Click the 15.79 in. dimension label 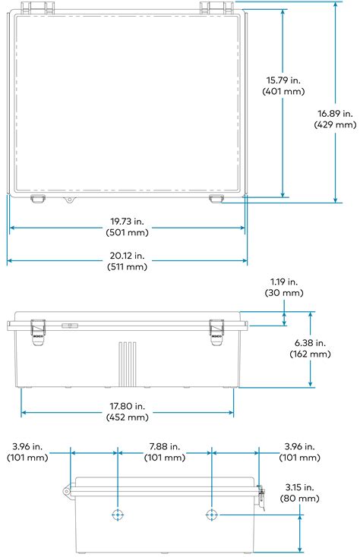pos(283,79)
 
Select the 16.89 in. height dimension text pos(334,112)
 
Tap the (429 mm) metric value pos(334,124)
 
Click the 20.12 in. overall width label pos(128,254)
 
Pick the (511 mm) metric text pos(128,266)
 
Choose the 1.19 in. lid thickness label pos(284,281)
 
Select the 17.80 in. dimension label pos(128,404)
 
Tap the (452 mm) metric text pos(128,417)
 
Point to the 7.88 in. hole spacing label pos(165,445)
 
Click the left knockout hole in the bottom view pos(118,515)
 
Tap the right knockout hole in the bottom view pos(212,515)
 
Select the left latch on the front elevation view pos(37,329)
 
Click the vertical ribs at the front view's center pos(128,364)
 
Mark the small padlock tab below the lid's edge pos(69,201)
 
